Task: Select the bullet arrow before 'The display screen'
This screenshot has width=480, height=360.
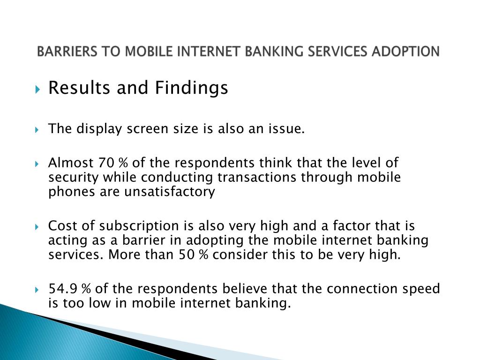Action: click(x=37, y=129)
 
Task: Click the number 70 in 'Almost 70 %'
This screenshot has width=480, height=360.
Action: click(x=106, y=163)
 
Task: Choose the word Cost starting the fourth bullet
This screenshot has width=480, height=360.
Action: click(x=63, y=226)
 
